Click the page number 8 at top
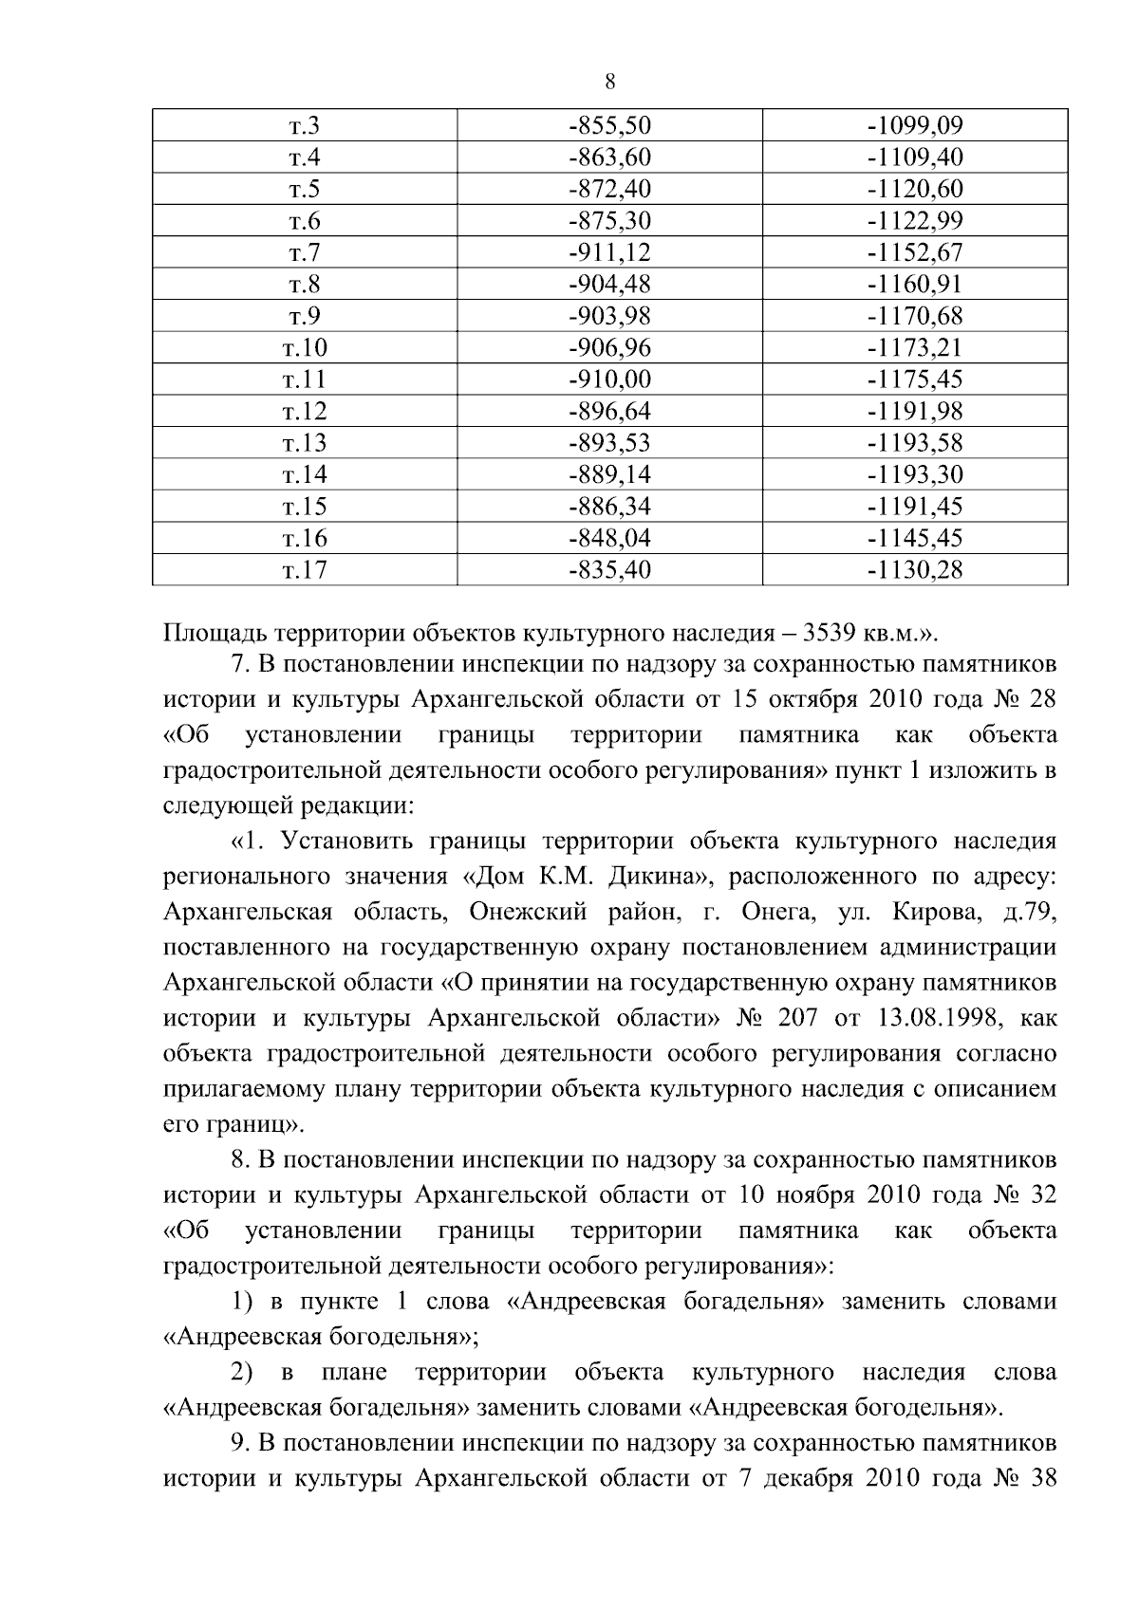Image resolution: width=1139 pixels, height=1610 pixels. [x=609, y=83]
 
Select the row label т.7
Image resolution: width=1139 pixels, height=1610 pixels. [x=305, y=253]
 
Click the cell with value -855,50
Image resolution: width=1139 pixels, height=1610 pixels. [x=610, y=126]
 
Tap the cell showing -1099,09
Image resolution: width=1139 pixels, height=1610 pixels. [x=915, y=126]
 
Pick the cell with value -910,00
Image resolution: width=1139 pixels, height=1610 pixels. [x=610, y=380]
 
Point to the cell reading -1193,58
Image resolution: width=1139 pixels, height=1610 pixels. [x=915, y=444]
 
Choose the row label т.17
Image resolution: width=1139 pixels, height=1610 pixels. [x=305, y=571]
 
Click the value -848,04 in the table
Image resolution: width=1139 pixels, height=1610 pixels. [x=610, y=539]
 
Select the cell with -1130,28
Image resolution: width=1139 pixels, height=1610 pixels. [x=915, y=571]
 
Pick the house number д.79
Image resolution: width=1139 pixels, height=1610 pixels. [x=1029, y=912]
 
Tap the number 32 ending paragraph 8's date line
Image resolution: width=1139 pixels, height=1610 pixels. [x=1041, y=1195]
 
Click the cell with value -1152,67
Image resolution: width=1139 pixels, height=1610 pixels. [x=915, y=253]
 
